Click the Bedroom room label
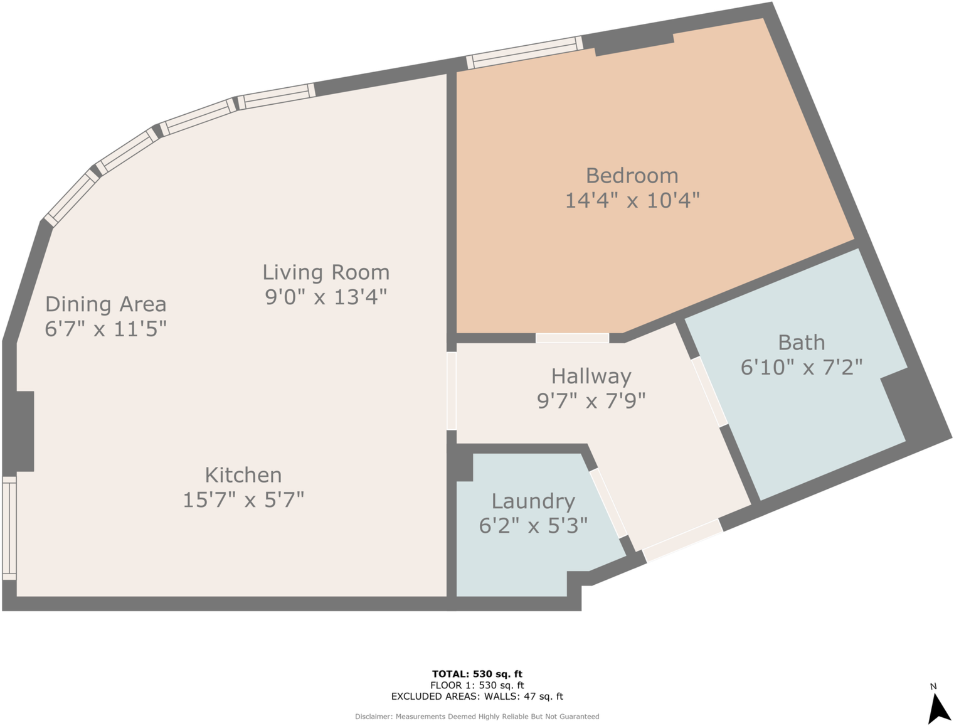coord(632,176)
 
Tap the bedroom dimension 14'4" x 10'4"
coord(632,201)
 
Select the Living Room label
coord(326,272)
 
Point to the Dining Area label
coord(106,304)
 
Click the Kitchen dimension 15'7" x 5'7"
coord(243,500)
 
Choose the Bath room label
coord(801,343)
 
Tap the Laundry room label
coord(533,501)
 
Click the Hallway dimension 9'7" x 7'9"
coord(591,400)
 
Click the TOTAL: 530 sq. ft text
coord(477,674)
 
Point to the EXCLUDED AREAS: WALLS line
coord(477,696)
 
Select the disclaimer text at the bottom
coord(477,717)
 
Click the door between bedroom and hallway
coord(572,338)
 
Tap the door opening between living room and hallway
coord(451,391)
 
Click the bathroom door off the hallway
coord(709,392)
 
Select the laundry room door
coord(608,503)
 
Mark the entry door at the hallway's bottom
coord(682,540)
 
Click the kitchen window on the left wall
coord(9,528)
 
